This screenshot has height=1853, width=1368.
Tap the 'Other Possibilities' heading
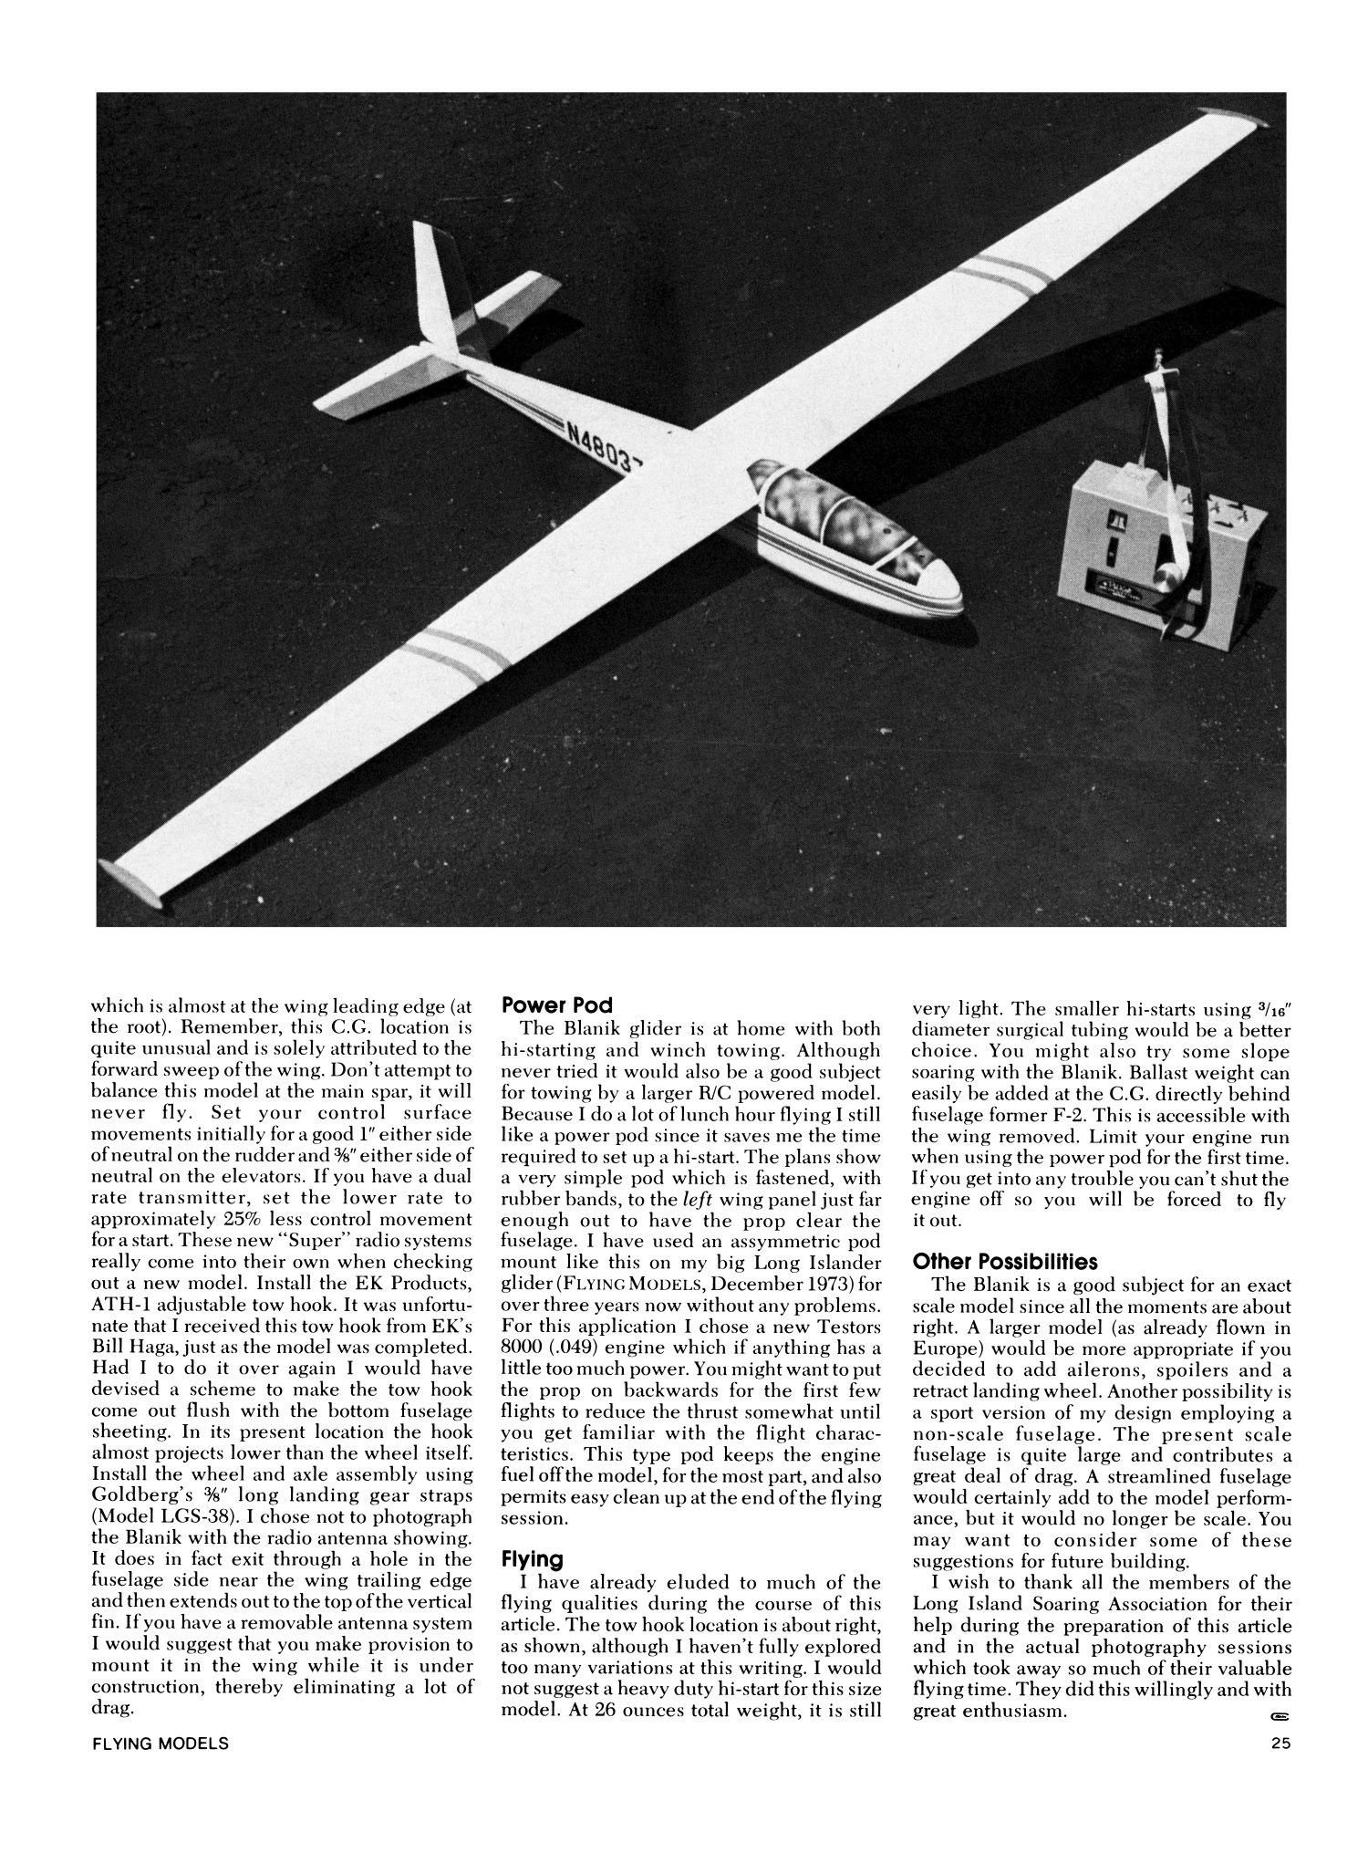(x=1004, y=1262)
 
